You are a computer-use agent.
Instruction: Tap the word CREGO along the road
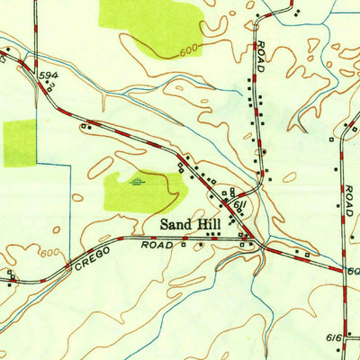coord(93,256)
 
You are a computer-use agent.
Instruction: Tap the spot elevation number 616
coord(334,337)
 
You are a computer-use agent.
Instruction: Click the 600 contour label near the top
coord(187,50)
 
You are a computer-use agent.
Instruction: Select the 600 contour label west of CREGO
coord(51,255)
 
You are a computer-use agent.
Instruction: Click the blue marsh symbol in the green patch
coord(135,183)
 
